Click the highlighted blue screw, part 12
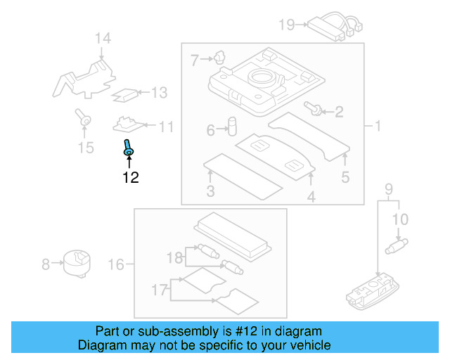click(129, 148)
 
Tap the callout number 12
click(130, 177)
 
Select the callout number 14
click(103, 38)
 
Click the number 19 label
click(286, 25)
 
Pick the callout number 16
click(116, 264)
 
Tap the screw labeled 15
click(84, 120)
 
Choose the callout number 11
click(166, 127)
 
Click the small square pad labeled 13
click(127, 93)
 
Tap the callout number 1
click(377, 127)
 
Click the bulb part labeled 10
click(398, 246)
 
